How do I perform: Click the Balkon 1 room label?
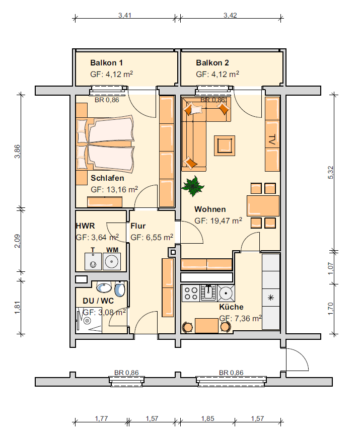pyautogui.click(x=106, y=62)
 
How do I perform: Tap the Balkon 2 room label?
pyautogui.click(x=212, y=62)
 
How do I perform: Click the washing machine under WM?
pyautogui.click(x=112, y=261)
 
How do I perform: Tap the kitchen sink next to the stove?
pyautogui.click(x=208, y=292)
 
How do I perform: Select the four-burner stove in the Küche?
pyautogui.click(x=191, y=293)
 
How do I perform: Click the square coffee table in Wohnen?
pyautogui.click(x=225, y=145)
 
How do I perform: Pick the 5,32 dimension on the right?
pyautogui.click(x=331, y=172)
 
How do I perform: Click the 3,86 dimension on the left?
pyautogui.click(x=18, y=152)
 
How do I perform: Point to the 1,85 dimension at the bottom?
pyautogui.click(x=207, y=418)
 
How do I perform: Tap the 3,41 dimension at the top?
pyautogui.click(x=124, y=15)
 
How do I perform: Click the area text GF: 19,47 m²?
pyautogui.click(x=219, y=221)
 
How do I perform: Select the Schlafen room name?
pyautogui.click(x=107, y=178)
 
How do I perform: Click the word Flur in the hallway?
pyautogui.click(x=138, y=226)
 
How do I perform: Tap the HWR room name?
pyautogui.click(x=85, y=226)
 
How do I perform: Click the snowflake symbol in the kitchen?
pyautogui.click(x=271, y=298)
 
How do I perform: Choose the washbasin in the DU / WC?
pyautogui.click(x=104, y=287)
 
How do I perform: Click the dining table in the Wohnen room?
pyautogui.click(x=263, y=206)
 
